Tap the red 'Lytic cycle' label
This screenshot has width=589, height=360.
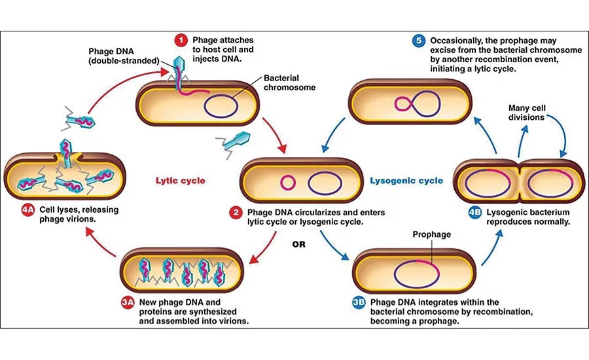click(x=180, y=181)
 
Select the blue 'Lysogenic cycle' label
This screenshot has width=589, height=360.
click(x=406, y=181)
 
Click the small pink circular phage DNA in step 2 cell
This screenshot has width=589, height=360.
click(x=286, y=181)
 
